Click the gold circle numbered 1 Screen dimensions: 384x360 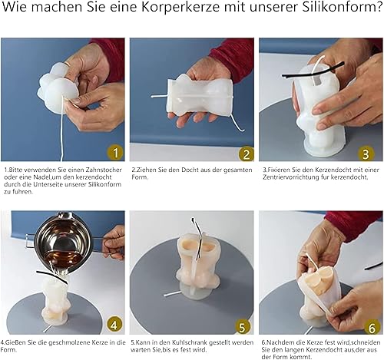(x=115, y=153)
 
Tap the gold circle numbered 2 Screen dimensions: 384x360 (x=246, y=154)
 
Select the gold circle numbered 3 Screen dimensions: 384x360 (x=366, y=154)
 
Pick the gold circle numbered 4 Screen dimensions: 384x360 (x=114, y=325)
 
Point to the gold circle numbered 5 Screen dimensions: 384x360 (x=242, y=327)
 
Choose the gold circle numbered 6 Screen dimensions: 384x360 (x=372, y=327)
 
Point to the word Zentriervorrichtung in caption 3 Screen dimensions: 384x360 (x=290, y=177)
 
